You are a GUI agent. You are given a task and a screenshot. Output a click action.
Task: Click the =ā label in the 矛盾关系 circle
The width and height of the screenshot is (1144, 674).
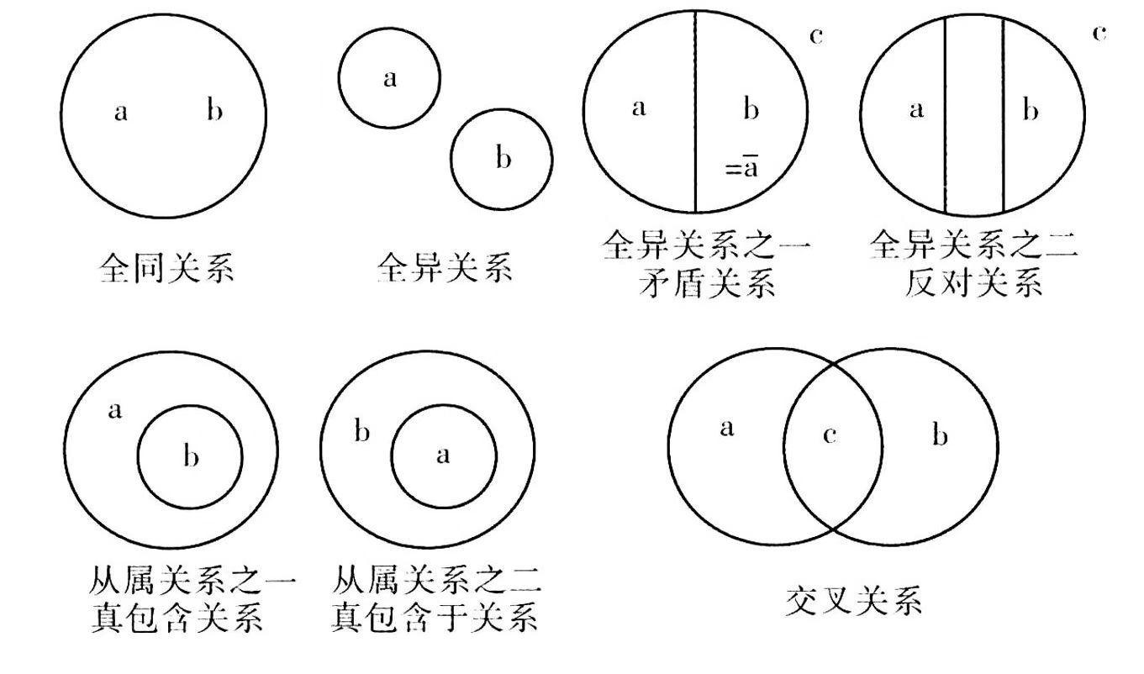743,168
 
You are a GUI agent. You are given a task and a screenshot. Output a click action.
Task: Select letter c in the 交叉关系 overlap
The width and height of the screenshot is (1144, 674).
830,437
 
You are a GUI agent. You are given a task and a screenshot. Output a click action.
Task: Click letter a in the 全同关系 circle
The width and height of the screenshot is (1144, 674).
121,112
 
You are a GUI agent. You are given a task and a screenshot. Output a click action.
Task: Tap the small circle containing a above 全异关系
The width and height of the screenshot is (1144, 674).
389,78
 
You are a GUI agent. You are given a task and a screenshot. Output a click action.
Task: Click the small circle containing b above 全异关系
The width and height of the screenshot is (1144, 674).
502,157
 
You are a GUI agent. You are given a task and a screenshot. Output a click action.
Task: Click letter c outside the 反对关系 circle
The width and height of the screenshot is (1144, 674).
1098,33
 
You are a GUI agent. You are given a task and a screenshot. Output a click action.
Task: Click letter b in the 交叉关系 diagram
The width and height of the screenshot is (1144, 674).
941,436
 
